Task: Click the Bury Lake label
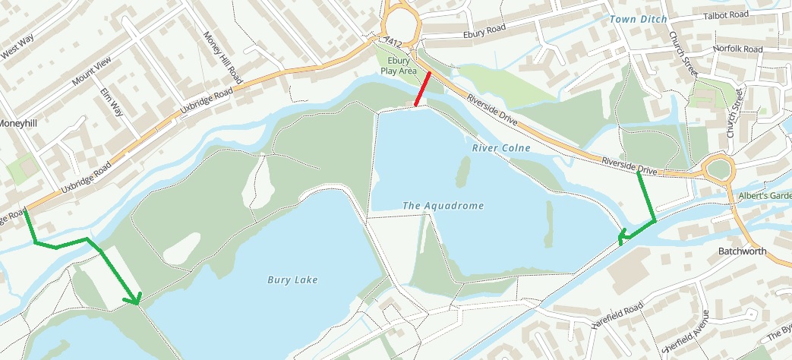(x=292, y=279)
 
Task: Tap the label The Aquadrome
(x=443, y=206)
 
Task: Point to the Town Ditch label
(x=637, y=19)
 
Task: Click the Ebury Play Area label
(x=399, y=65)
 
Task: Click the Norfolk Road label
(x=737, y=49)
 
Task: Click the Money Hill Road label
(x=222, y=58)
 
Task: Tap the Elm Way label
(x=111, y=101)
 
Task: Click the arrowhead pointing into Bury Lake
(x=136, y=301)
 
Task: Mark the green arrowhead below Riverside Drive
(x=623, y=238)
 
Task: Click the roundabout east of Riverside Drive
(x=717, y=169)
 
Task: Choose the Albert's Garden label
(x=767, y=195)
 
